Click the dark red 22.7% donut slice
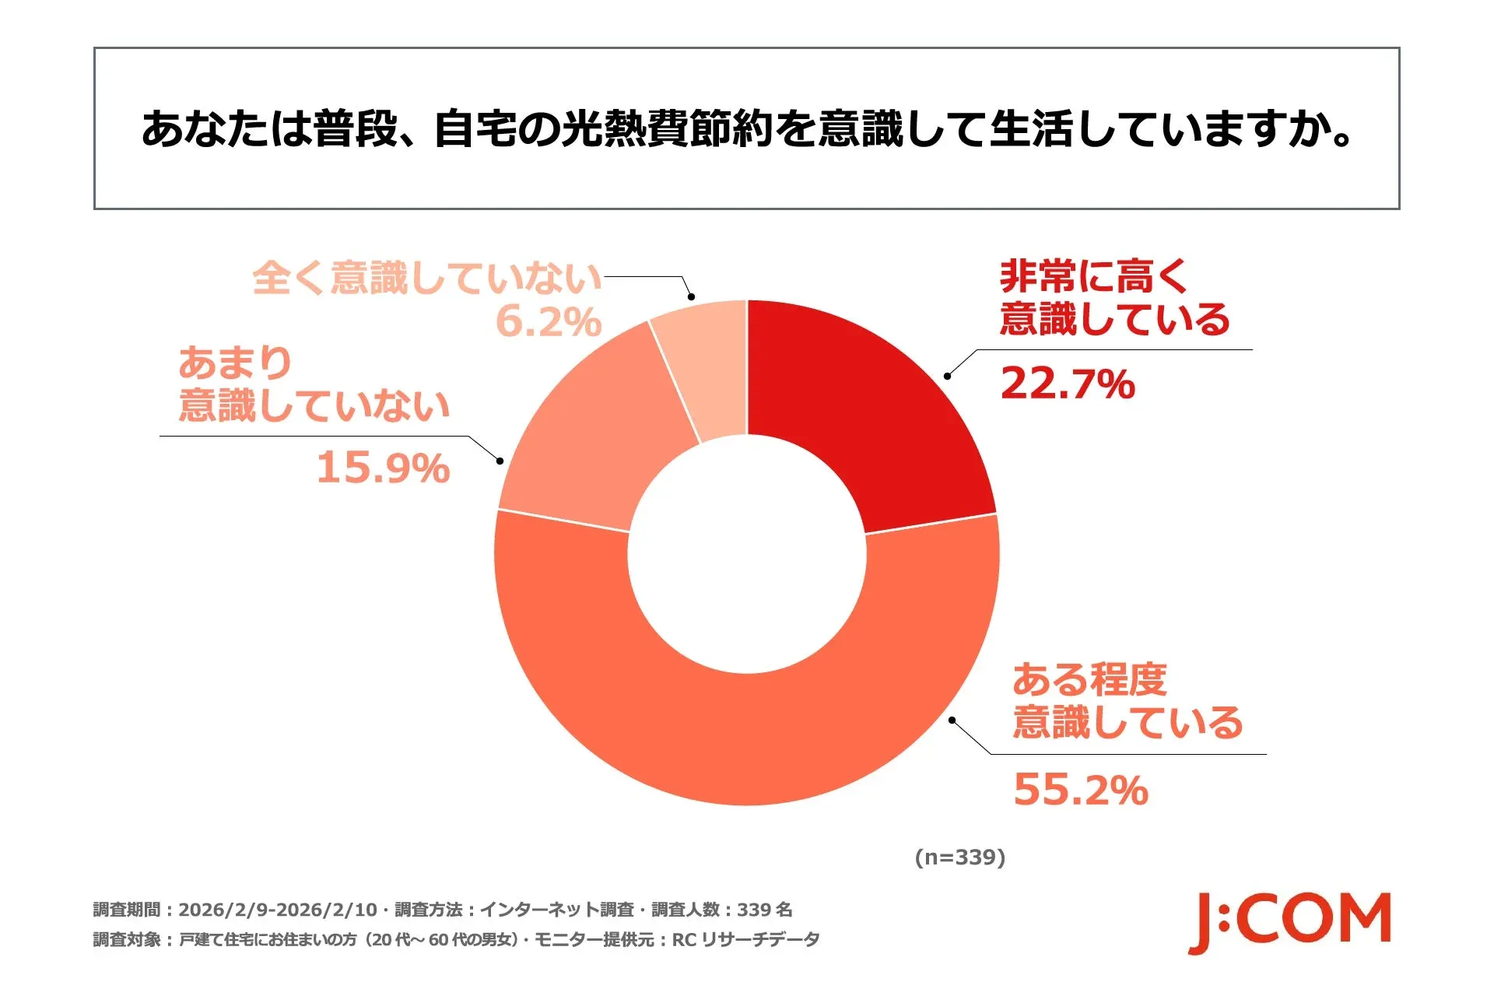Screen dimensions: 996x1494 click(x=879, y=412)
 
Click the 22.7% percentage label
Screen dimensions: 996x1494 click(x=1068, y=384)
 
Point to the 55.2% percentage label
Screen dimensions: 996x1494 click(x=1081, y=790)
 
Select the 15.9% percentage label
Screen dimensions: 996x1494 click(x=383, y=468)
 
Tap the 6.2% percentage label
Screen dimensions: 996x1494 click(x=549, y=321)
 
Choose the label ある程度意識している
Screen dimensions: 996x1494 click(x=1127, y=701)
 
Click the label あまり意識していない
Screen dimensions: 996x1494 click(x=314, y=384)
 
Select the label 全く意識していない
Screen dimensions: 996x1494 click(x=427, y=278)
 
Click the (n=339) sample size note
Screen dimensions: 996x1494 click(x=959, y=857)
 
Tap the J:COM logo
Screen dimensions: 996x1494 click(x=1289, y=922)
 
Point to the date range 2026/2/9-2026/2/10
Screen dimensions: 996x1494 click(x=277, y=910)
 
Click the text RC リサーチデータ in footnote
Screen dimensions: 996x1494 click(x=745, y=940)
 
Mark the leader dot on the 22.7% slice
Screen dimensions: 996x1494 click(x=947, y=377)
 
